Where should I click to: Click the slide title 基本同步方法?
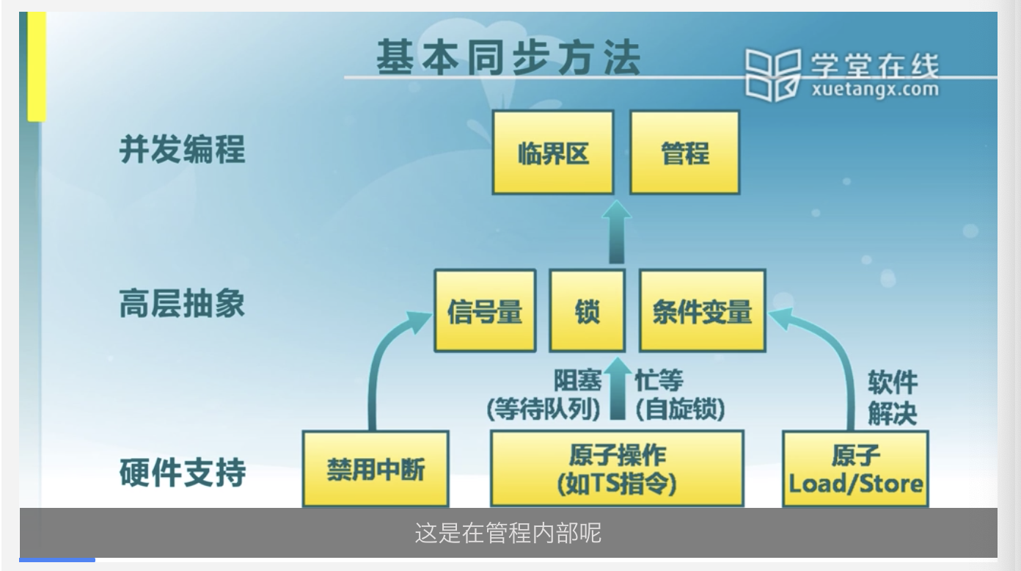tap(508, 59)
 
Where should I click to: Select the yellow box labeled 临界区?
tap(552, 153)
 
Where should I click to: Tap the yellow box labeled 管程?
tap(685, 153)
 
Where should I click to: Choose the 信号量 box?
tap(484, 311)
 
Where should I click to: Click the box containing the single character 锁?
tap(587, 311)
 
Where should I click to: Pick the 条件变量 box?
tap(702, 311)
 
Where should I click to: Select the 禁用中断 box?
tap(375, 469)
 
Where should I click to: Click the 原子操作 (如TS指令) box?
tap(616, 469)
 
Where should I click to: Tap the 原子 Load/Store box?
tap(855, 469)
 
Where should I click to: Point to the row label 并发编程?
tap(182, 150)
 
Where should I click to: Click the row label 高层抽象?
tap(182, 302)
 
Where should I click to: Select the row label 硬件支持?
tap(182, 472)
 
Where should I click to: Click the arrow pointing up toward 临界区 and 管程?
tap(616, 231)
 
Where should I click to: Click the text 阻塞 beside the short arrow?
tap(577, 380)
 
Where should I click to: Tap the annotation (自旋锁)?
tap(680, 409)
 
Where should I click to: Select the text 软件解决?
tap(893, 397)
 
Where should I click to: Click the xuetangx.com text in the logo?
tap(875, 90)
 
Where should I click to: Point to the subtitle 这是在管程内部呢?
tap(508, 533)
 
